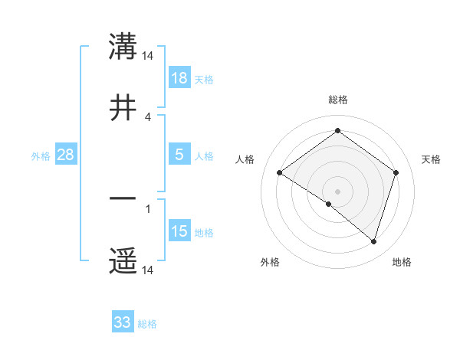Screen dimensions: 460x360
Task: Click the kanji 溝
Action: pos(123,47)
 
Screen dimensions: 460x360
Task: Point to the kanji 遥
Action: pos(123,261)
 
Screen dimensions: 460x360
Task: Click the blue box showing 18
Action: pos(179,78)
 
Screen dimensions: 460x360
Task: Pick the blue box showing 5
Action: pos(179,155)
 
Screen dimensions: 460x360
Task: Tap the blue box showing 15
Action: pos(179,231)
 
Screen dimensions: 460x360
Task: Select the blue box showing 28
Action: pos(65,155)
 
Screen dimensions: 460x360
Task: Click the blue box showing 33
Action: pos(123,322)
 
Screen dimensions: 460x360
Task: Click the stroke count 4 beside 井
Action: pos(148,116)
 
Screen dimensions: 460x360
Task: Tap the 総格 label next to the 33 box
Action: pos(147,324)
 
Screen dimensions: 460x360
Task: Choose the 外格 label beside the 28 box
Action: pos(41,156)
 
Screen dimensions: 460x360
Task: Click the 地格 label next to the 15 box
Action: pos(204,233)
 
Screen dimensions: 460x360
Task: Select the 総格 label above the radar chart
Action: pos(338,100)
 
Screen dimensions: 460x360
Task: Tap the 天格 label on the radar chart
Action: pos(432,159)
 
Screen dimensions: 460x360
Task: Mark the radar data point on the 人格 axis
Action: pos(280,173)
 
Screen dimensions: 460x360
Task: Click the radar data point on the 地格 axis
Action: pos(373,241)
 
